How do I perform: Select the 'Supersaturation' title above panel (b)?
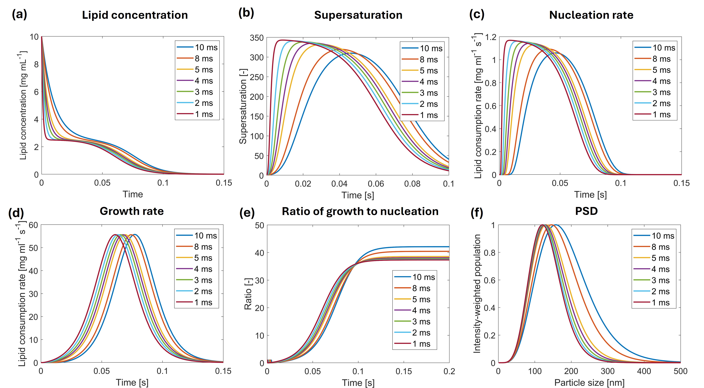[x=358, y=15]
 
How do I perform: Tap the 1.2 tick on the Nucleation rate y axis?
[x=491, y=37]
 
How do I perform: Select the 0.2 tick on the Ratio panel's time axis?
[x=449, y=371]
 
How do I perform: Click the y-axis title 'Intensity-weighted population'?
[x=477, y=294]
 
